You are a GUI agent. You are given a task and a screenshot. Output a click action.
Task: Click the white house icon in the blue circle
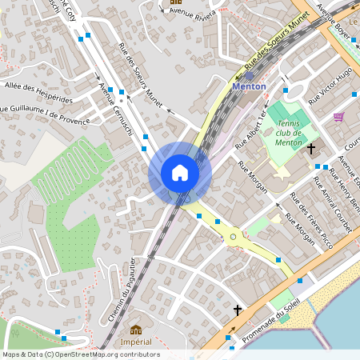pyautogui.click(x=180, y=173)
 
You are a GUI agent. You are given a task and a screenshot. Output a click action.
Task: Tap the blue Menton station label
pyautogui.click(x=248, y=86)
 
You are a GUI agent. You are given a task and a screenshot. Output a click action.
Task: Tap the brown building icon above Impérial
pyautogui.click(x=135, y=329)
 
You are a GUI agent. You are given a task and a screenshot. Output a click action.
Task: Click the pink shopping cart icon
pyautogui.click(x=339, y=117)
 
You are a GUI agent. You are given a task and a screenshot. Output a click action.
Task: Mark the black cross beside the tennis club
pyautogui.click(x=310, y=148)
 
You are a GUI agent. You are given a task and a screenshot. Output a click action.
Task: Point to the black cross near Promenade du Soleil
pyautogui.click(x=237, y=309)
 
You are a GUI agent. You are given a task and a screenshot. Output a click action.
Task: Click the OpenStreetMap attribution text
pyautogui.click(x=80, y=354)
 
